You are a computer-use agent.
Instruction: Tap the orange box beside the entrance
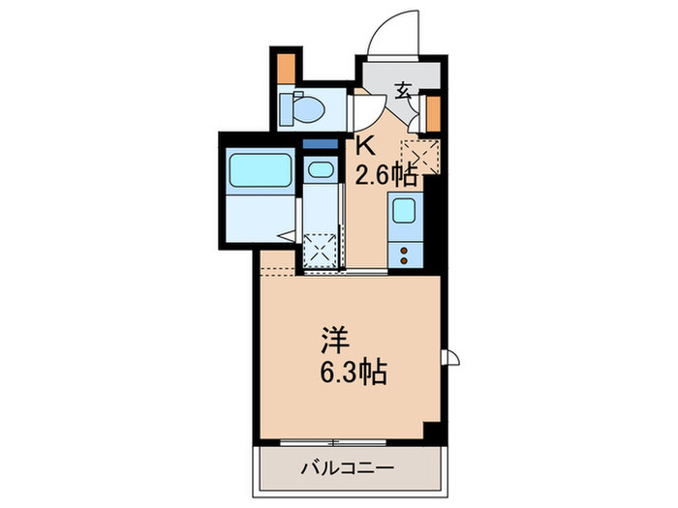[432, 113]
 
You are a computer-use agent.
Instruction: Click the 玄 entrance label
[403, 94]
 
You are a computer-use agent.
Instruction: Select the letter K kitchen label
[367, 147]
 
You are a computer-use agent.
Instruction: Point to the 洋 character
[335, 341]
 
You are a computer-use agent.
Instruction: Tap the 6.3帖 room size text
[354, 373]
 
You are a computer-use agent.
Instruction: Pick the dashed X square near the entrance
[424, 155]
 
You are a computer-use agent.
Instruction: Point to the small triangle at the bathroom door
[286, 235]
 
